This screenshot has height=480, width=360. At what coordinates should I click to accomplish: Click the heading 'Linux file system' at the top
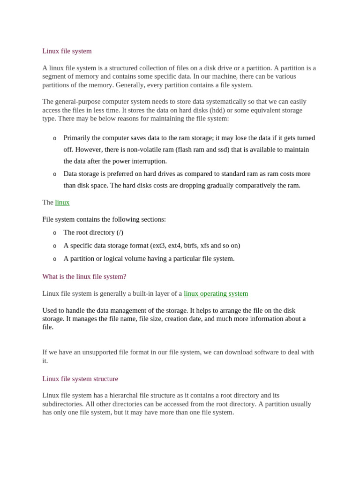(x=67, y=51)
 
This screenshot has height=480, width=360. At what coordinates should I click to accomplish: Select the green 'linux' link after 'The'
(x=62, y=202)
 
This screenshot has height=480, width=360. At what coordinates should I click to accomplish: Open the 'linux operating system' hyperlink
(x=216, y=293)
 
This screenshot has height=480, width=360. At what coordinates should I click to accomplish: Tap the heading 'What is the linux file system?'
(x=84, y=277)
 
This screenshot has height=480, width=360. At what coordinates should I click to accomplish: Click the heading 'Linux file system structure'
(x=80, y=379)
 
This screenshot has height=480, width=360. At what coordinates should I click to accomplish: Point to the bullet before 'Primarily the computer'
(x=55, y=138)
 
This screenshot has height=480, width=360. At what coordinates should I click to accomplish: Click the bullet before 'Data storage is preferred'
(x=55, y=174)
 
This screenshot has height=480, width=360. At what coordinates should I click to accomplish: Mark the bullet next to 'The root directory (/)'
(x=55, y=233)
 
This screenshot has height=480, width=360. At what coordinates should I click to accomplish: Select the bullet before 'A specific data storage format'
(x=55, y=246)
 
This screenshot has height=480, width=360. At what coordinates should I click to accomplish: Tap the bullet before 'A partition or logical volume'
(x=55, y=259)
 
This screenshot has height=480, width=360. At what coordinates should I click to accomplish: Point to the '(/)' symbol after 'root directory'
(x=120, y=232)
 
